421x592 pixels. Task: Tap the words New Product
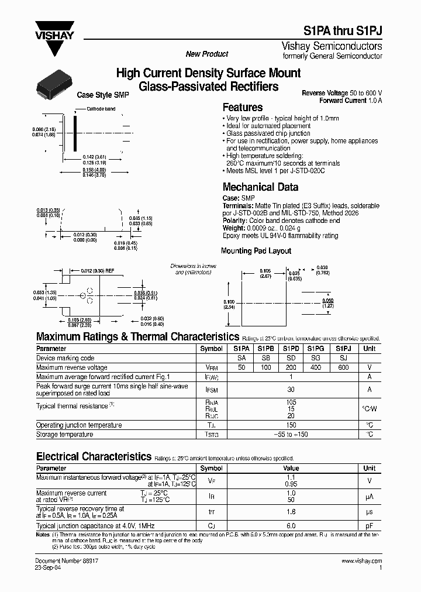[207, 54]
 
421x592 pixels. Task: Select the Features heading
[243, 108]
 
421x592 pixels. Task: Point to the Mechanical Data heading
[260, 187]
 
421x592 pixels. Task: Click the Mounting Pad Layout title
[256, 251]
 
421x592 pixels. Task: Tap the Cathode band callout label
[101, 109]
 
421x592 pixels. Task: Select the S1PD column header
[291, 348]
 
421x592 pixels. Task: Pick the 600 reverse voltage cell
[343, 367]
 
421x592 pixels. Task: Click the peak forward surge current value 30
[291, 390]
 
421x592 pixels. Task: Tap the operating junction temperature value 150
[291, 425]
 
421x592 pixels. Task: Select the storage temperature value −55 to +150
[291, 435]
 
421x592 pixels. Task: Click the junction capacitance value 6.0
[291, 526]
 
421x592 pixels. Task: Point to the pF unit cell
[370, 526]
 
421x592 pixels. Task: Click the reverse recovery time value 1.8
[291, 512]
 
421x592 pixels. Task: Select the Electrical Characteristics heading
[94, 456]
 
